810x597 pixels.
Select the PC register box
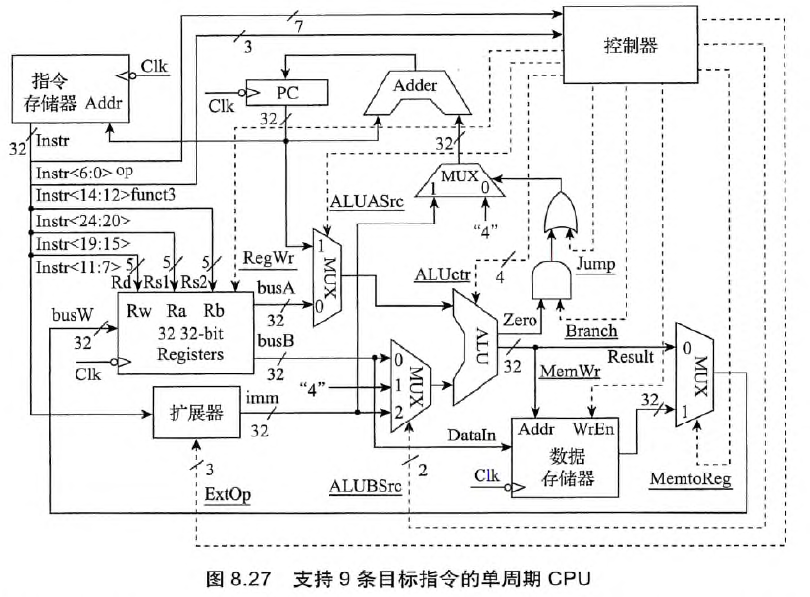287,92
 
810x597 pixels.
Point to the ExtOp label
227,492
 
